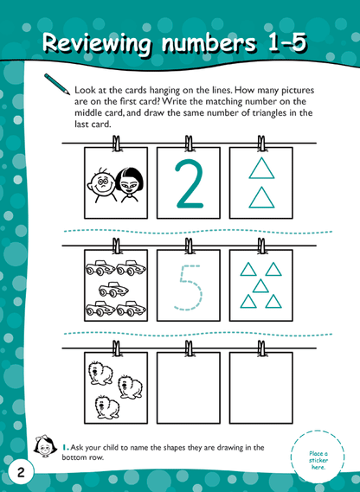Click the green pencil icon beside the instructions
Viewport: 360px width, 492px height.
(x=54, y=84)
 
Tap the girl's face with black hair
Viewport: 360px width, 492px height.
(x=131, y=182)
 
